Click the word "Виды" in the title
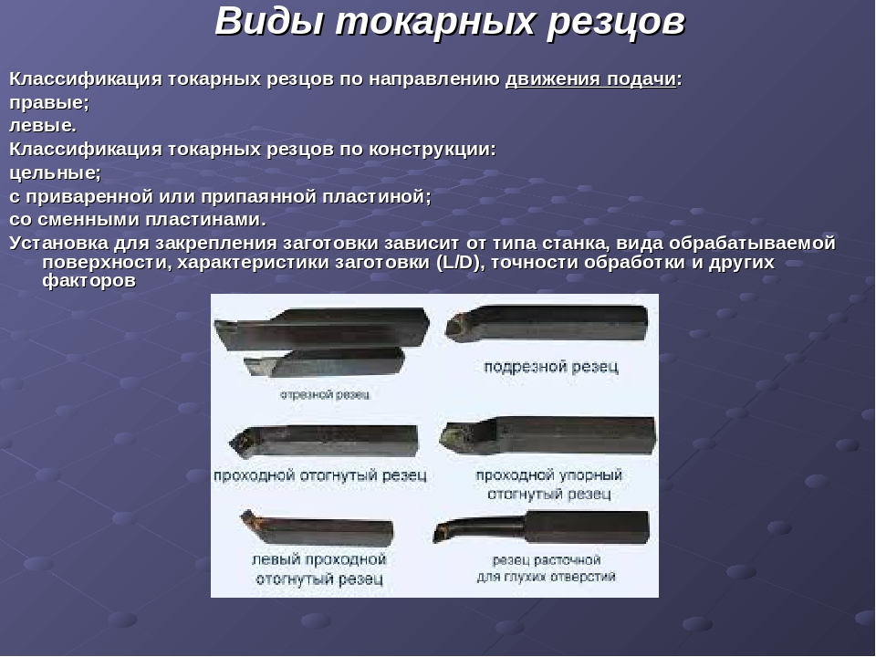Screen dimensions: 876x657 (268, 21)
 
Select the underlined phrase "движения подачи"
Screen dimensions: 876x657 (590, 79)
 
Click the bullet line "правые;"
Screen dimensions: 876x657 (49, 103)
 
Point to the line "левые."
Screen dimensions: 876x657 (43, 126)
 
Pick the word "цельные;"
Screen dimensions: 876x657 (56, 173)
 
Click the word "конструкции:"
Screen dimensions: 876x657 (432, 150)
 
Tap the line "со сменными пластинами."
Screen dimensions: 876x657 (138, 220)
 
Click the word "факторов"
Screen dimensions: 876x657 (89, 280)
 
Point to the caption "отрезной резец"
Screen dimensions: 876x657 (325, 394)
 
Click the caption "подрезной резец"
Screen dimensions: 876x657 (551, 367)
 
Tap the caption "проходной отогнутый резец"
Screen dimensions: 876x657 (320, 475)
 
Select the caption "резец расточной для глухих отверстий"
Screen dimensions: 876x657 (546, 568)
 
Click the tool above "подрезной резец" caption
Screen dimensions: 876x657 (547, 323)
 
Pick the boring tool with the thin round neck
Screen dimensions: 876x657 (541, 527)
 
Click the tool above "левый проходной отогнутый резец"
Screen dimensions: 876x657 (317, 527)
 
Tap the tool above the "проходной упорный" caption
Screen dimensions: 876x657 (548, 435)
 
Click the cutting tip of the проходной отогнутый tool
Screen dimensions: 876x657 (241, 441)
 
